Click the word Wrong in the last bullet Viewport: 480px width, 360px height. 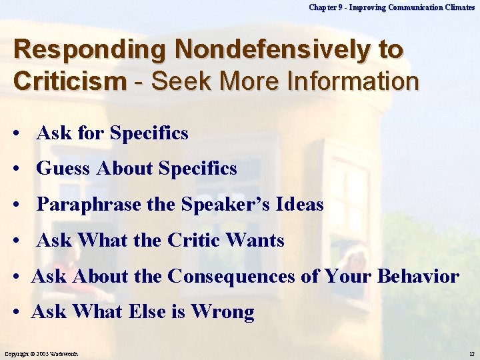point(223,312)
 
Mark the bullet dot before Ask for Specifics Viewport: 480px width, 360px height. point(15,134)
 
